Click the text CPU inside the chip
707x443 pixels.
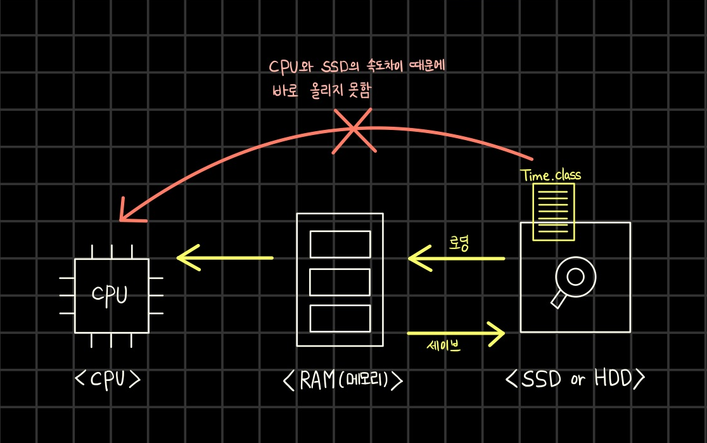[110, 295]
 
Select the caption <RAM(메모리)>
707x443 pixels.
[342, 380]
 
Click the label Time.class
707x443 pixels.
[551, 175]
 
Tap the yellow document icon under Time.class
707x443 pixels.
[553, 212]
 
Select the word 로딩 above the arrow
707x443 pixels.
[459, 244]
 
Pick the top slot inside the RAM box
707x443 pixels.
[340, 244]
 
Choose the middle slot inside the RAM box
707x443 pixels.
[340, 282]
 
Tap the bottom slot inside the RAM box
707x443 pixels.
[340, 318]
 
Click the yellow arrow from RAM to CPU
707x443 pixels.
[225, 258]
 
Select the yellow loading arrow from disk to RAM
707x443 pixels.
[456, 258]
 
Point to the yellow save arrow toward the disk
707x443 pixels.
[456, 333]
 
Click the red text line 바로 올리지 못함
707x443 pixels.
[321, 90]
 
